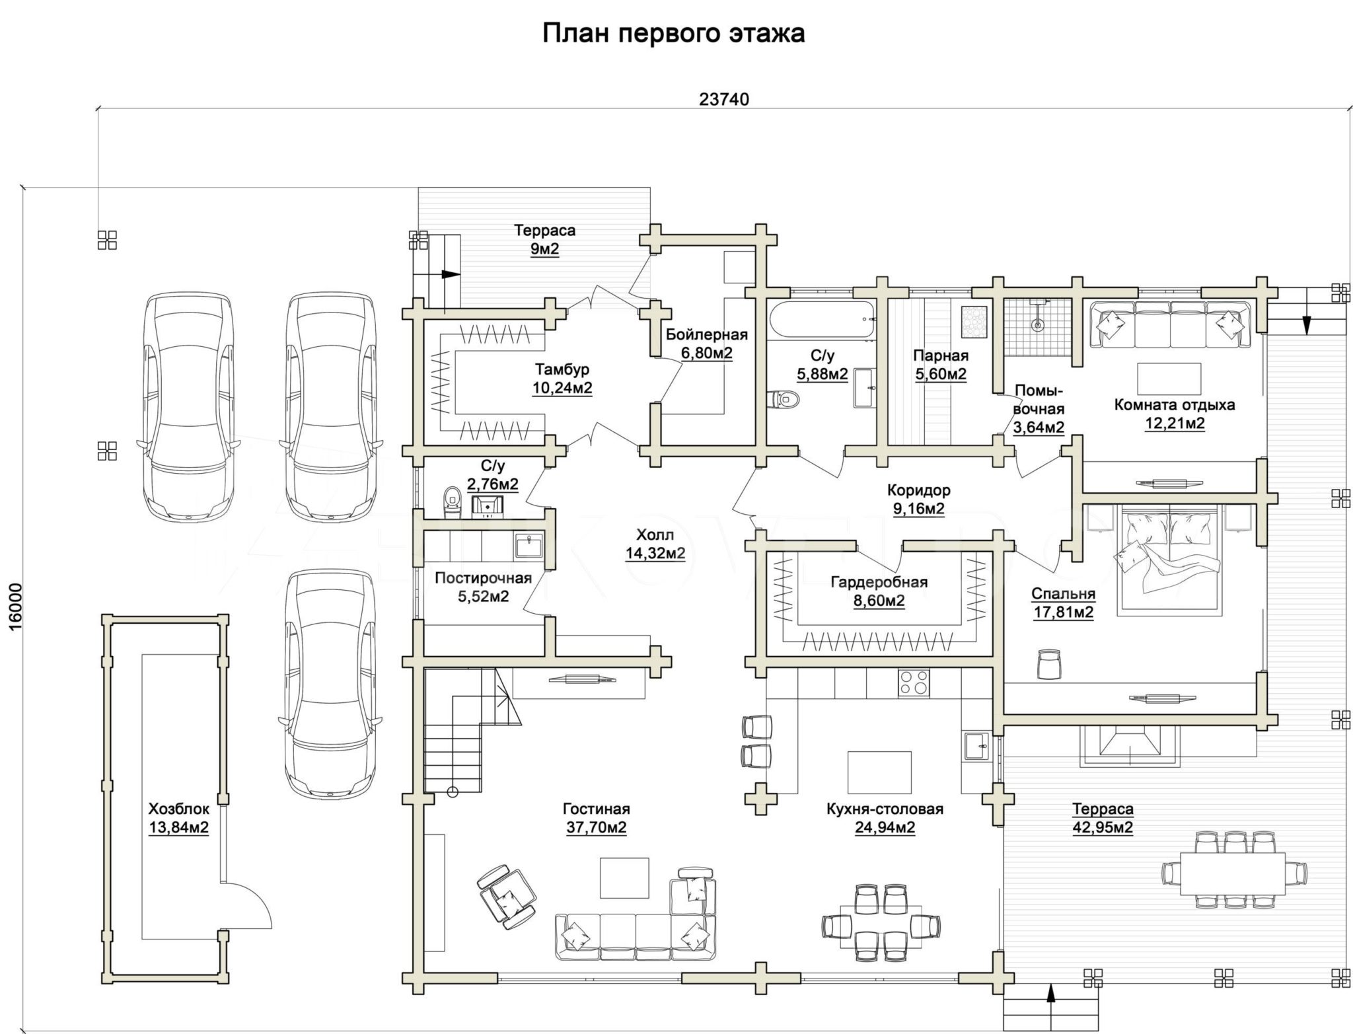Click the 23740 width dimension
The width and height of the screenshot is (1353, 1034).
coord(724,99)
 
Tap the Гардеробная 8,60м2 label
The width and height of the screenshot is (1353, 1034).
coord(879,591)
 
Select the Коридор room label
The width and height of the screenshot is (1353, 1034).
coord(918,490)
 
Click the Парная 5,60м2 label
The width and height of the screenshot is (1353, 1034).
coord(941,365)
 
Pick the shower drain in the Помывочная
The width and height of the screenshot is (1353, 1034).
coord(1038,325)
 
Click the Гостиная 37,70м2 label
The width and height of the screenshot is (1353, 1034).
coord(596,818)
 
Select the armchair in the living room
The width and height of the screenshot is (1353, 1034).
coord(506,897)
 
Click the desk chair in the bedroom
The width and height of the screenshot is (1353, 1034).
coord(1048,663)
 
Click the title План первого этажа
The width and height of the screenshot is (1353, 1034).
coord(673,33)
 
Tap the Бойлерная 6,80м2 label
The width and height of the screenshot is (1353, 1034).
coord(707,344)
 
